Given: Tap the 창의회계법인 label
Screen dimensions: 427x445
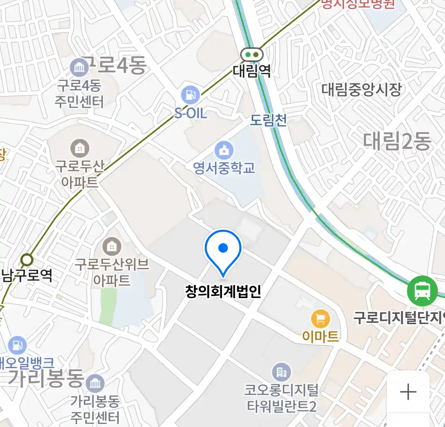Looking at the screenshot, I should (223, 292).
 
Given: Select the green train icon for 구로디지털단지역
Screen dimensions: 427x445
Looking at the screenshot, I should (422, 291).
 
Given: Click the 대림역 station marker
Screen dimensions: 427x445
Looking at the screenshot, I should (252, 55).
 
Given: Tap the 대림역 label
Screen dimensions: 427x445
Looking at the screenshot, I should (252, 71).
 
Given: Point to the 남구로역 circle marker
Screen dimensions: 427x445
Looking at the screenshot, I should (27, 260).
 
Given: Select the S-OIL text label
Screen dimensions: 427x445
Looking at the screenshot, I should (191, 114).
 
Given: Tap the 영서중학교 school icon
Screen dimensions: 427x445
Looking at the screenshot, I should (224, 150).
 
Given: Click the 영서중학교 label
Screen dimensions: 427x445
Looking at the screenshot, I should (224, 168).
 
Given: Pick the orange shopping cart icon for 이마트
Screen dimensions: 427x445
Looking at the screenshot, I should (320, 319).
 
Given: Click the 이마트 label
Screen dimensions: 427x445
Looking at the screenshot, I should (320, 336).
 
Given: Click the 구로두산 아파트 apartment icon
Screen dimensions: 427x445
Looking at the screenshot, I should (80, 148).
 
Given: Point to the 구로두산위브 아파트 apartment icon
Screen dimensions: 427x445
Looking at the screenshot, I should (112, 247).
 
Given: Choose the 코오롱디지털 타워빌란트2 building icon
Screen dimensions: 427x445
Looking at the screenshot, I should (282, 372).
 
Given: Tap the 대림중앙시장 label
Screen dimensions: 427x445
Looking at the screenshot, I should (361, 90).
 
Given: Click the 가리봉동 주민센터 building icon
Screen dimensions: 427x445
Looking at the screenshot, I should (95, 383).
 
